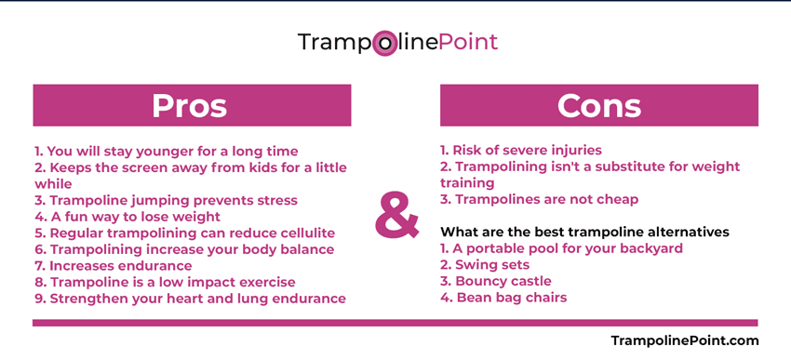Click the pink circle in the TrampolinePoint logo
point(384,43)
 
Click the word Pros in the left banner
point(190,105)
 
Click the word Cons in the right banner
point(598,105)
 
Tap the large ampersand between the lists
point(397,216)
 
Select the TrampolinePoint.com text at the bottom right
point(684,340)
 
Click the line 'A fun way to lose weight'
point(127,217)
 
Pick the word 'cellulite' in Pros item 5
point(301,233)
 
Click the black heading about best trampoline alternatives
point(584,232)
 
